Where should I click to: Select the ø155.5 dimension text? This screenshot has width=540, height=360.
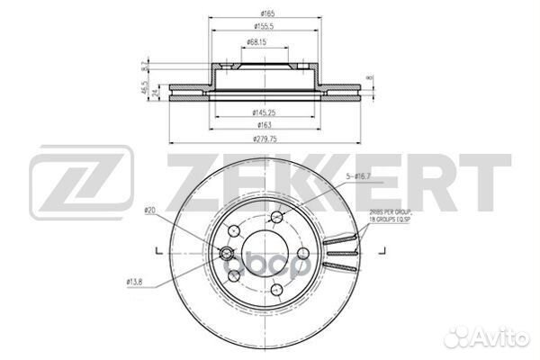[x=267, y=28]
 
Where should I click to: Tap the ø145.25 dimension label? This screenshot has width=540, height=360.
[x=267, y=112]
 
